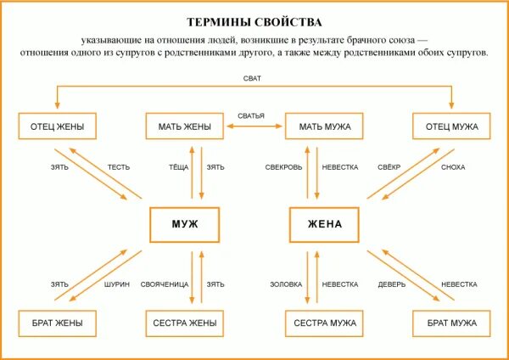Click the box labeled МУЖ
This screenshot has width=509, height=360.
click(184, 224)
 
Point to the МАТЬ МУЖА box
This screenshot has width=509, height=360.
click(325, 127)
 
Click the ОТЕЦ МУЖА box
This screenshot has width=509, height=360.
click(452, 127)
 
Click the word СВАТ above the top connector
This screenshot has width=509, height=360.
click(252, 79)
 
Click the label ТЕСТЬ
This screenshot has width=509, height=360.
click(118, 167)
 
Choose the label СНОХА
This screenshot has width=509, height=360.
click(453, 167)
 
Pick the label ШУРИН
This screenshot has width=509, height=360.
click(118, 284)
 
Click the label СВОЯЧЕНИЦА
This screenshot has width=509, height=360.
click(165, 284)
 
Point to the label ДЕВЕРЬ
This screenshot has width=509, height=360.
click(391, 284)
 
